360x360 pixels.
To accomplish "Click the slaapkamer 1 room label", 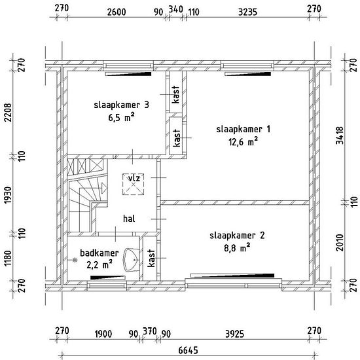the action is coord(243,129).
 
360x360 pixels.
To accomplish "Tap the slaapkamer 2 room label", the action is coord(237,236).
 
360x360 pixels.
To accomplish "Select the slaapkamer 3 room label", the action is coord(122,105).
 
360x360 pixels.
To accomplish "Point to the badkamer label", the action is coord(99,253).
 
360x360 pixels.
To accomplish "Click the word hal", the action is coord(129,219).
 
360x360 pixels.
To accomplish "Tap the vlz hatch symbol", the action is coord(133,184).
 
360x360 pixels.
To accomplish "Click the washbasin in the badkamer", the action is coord(132,260).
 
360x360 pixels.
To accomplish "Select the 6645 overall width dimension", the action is coord(188,350).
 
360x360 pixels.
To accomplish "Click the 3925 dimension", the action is coord(234,334).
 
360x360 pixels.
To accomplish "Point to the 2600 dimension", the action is coord(117,12).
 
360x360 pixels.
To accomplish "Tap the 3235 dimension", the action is coord(247,12).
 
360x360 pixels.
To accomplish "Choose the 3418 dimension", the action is coord(340,135).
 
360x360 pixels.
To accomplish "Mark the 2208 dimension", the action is coord(9,113).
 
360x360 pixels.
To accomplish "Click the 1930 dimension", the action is coord(9,195).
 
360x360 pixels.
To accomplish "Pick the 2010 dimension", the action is coord(340,242).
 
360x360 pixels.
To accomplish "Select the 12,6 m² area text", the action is coord(243,141).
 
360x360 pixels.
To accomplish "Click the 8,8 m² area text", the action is coord(237,248).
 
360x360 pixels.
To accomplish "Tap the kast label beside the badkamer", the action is coord(151,259).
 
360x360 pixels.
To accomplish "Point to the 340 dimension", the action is coord(176,9).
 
